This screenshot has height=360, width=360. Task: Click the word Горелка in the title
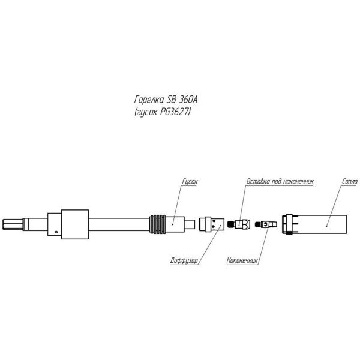(x=149, y=100)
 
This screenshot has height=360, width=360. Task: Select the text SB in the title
(x=171, y=100)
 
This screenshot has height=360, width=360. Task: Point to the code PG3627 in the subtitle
(x=175, y=112)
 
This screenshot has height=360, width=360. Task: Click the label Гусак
(x=190, y=181)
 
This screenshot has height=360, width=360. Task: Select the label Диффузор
(x=184, y=260)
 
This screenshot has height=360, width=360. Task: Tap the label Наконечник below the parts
(x=242, y=260)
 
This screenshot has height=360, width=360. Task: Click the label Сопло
(x=350, y=181)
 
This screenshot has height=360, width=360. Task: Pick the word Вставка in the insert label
(x=258, y=181)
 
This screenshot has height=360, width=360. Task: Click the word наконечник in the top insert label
(x=298, y=181)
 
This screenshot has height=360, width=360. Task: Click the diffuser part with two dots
(x=211, y=224)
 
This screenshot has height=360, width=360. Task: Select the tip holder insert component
(x=238, y=224)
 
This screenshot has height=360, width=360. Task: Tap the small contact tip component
(x=266, y=224)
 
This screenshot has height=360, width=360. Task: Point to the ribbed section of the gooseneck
(x=157, y=224)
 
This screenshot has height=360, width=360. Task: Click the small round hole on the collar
(x=56, y=232)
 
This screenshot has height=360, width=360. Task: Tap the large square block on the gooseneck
(x=75, y=224)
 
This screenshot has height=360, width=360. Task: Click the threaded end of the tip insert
(x=231, y=224)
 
